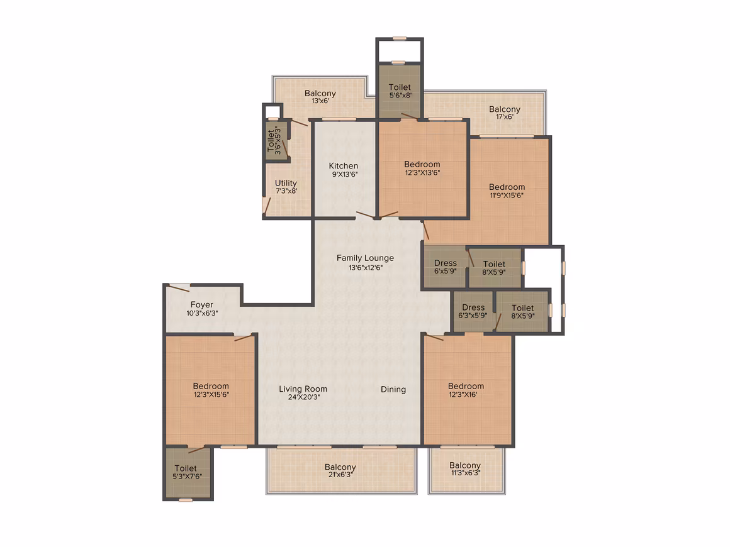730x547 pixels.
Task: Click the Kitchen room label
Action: [344, 170]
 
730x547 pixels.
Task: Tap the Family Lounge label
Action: [366, 262]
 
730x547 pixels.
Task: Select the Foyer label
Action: [202, 308]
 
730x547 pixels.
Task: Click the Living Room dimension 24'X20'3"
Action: [303, 397]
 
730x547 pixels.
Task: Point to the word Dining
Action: [393, 389]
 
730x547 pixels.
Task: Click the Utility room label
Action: [286, 187]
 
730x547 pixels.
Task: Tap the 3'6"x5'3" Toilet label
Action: [274, 140]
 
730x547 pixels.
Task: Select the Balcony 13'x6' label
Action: [320, 96]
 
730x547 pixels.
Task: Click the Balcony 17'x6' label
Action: [505, 113]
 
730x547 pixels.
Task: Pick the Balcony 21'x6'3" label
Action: [340, 470]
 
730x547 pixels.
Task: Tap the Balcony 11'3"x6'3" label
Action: [465, 469]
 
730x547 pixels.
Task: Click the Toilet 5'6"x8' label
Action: [400, 91]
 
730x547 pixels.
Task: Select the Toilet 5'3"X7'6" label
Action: [186, 472]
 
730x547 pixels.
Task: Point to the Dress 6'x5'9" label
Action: [446, 267]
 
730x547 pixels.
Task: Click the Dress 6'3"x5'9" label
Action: [473, 311]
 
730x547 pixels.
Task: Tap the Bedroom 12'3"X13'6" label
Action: [422, 168]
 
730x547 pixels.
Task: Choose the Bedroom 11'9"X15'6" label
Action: [507, 191]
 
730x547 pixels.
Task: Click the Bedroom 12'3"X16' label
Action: [466, 390]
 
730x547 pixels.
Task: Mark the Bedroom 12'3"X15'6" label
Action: [211, 390]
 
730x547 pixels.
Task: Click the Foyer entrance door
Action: [179, 287]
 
